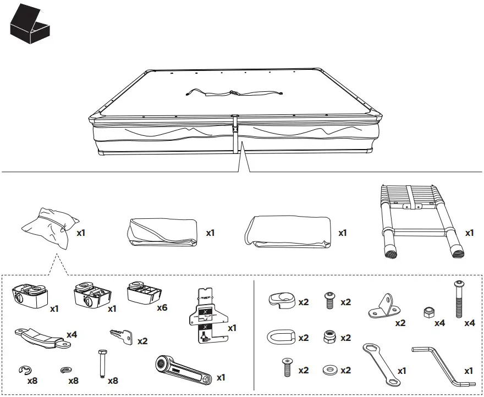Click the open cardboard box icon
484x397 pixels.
tap(31, 25)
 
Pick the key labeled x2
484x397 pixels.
tap(122, 336)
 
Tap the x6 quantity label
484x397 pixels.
tap(161, 307)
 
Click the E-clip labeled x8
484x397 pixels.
tap(24, 370)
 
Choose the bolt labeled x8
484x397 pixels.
tap(102, 363)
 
